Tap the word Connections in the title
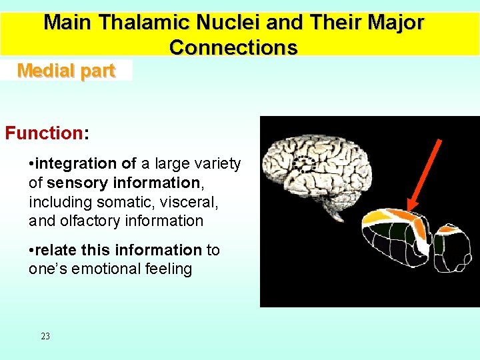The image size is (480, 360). click(233, 47)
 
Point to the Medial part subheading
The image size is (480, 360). click(66, 71)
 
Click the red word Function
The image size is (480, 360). click(43, 133)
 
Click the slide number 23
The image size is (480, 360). click(45, 336)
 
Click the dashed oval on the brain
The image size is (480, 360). click(305, 163)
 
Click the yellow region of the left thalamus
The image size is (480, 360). click(380, 217)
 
